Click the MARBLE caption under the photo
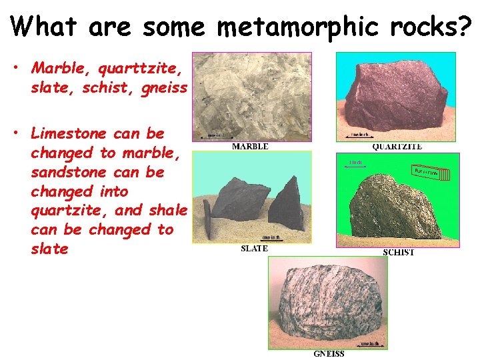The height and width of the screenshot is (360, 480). click(x=250, y=146)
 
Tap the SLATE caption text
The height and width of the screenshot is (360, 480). click(x=254, y=249)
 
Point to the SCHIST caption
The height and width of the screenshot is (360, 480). click(x=398, y=252)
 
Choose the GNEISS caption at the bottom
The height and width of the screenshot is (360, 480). click(x=329, y=353)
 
